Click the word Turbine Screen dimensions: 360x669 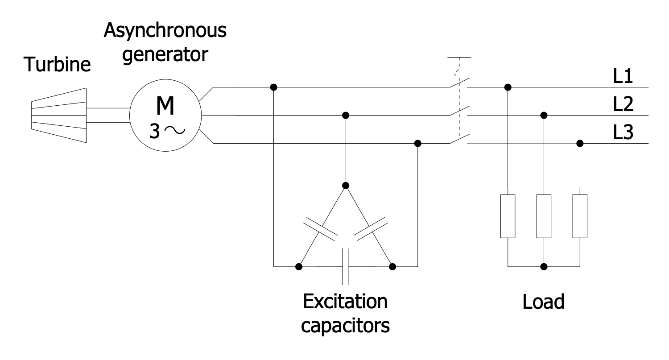point(57,65)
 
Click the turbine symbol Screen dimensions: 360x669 point(59,115)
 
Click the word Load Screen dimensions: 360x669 point(543,302)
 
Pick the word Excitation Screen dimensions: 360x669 point(345,302)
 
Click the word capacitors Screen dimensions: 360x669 point(345,327)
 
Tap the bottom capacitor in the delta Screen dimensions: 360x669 point(346,266)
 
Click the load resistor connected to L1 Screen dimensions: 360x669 point(508,216)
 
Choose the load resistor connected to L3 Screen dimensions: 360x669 point(579,216)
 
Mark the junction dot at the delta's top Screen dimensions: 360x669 point(346,185)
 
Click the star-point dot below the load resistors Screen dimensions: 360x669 point(544,267)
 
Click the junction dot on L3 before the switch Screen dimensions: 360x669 point(417,144)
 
